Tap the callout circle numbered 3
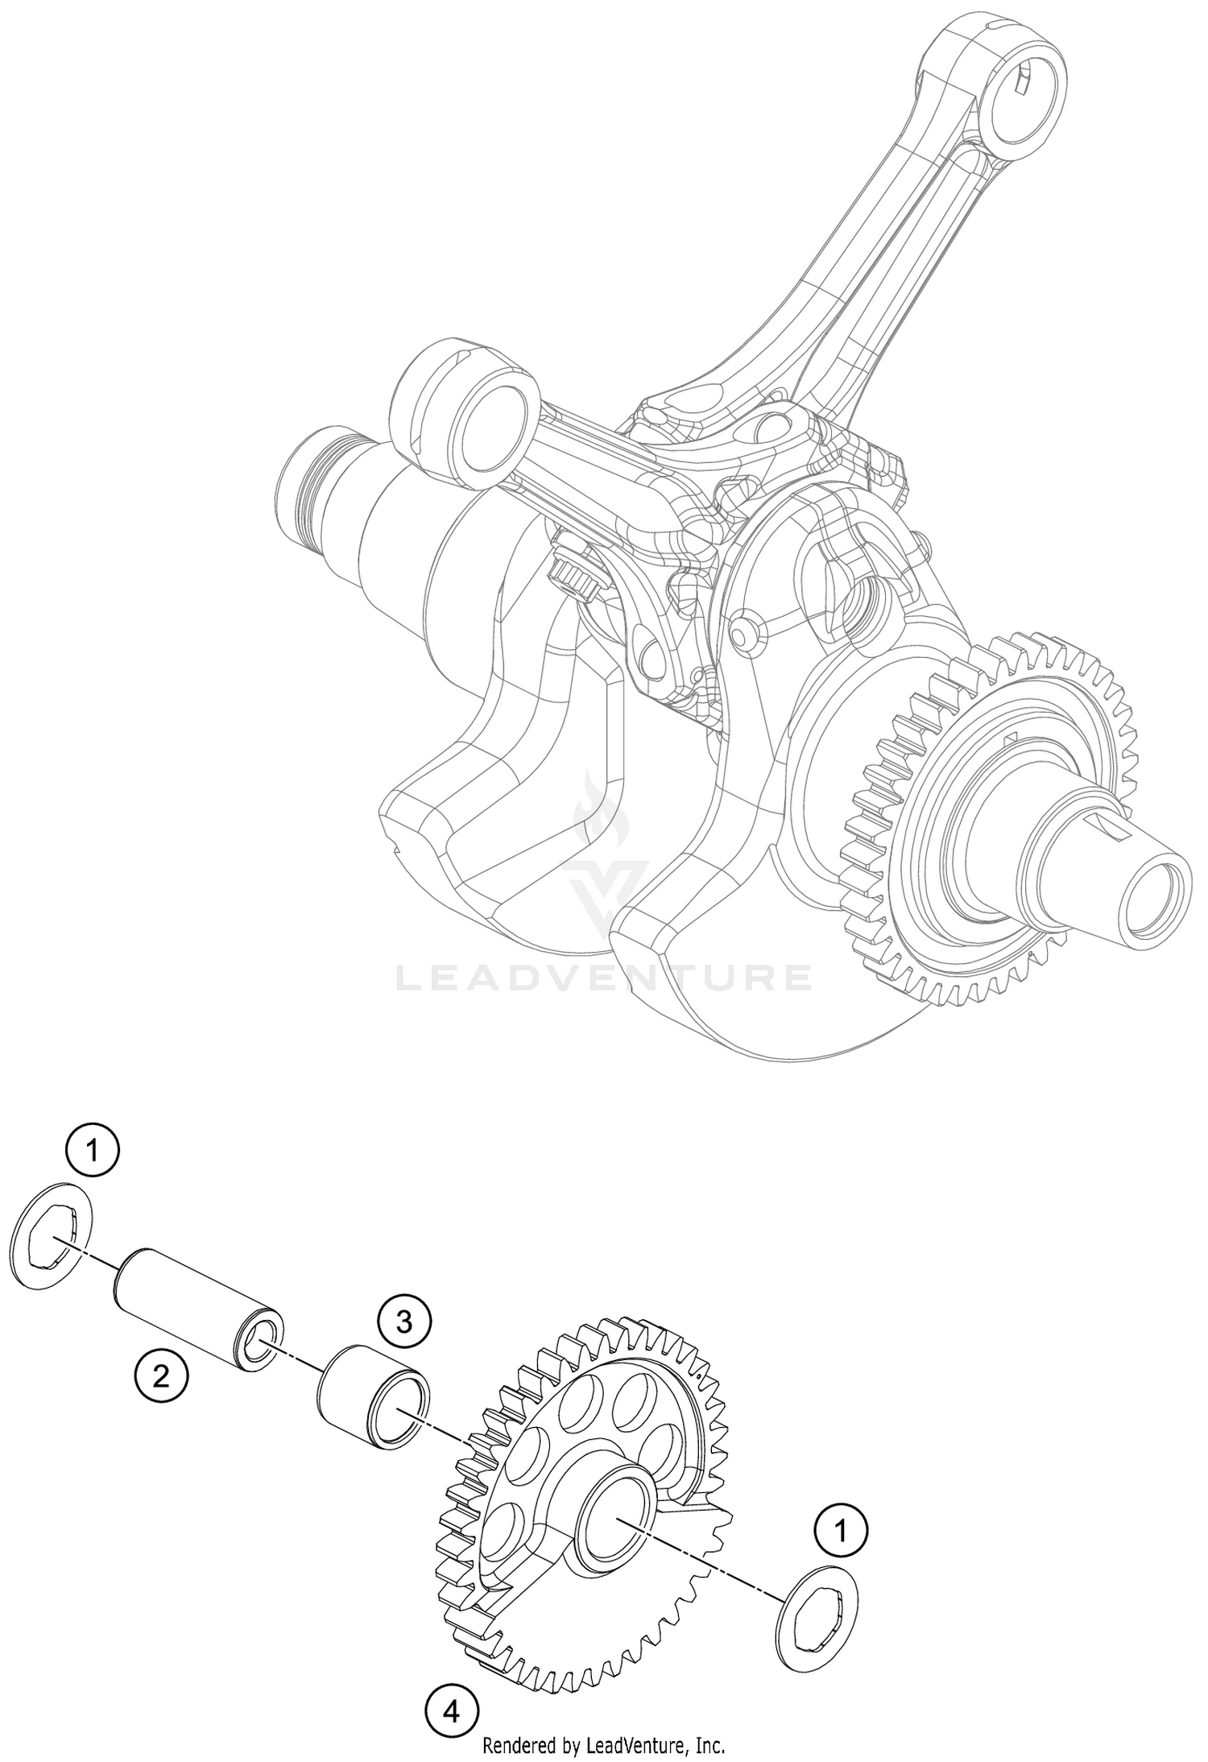tap(404, 1320)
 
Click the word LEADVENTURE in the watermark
tap(604, 978)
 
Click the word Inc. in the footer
tap(708, 1740)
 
